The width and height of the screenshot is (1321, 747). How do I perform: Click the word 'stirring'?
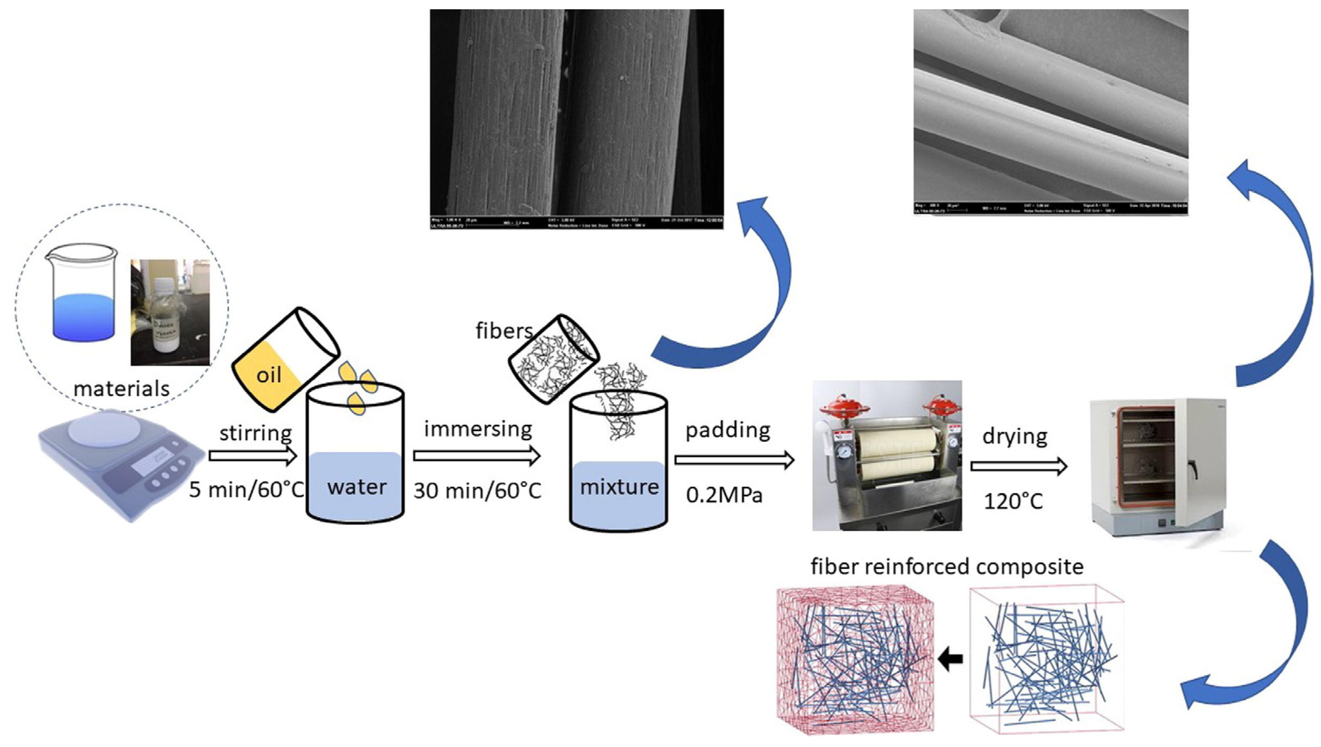(255, 434)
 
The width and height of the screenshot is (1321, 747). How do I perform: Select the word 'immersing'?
(478, 429)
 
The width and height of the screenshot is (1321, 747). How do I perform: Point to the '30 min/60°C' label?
(477, 490)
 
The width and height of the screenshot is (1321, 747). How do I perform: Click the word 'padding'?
(727, 430)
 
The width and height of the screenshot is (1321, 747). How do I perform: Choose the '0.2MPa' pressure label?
(724, 495)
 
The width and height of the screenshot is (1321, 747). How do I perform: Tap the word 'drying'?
(1014, 436)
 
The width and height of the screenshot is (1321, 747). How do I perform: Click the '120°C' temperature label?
(1013, 501)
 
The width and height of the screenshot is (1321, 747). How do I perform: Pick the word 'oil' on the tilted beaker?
(269, 375)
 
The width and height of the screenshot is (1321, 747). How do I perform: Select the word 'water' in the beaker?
(356, 487)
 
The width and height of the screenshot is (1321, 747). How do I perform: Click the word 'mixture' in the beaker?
(619, 486)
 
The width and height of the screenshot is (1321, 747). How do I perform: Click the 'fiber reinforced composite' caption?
(947, 567)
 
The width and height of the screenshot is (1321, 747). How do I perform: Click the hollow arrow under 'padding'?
(734, 460)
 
